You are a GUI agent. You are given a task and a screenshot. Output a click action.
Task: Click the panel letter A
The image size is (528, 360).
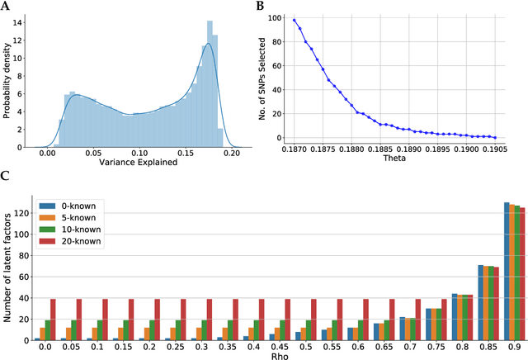pos(6,6)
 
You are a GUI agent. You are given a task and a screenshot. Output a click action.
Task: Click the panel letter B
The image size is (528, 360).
pos(262,6)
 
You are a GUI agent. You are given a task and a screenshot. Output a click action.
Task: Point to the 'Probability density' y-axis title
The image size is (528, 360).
pos(9,78)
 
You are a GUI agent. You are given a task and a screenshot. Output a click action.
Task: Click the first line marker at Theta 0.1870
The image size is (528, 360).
pos(294,20)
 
